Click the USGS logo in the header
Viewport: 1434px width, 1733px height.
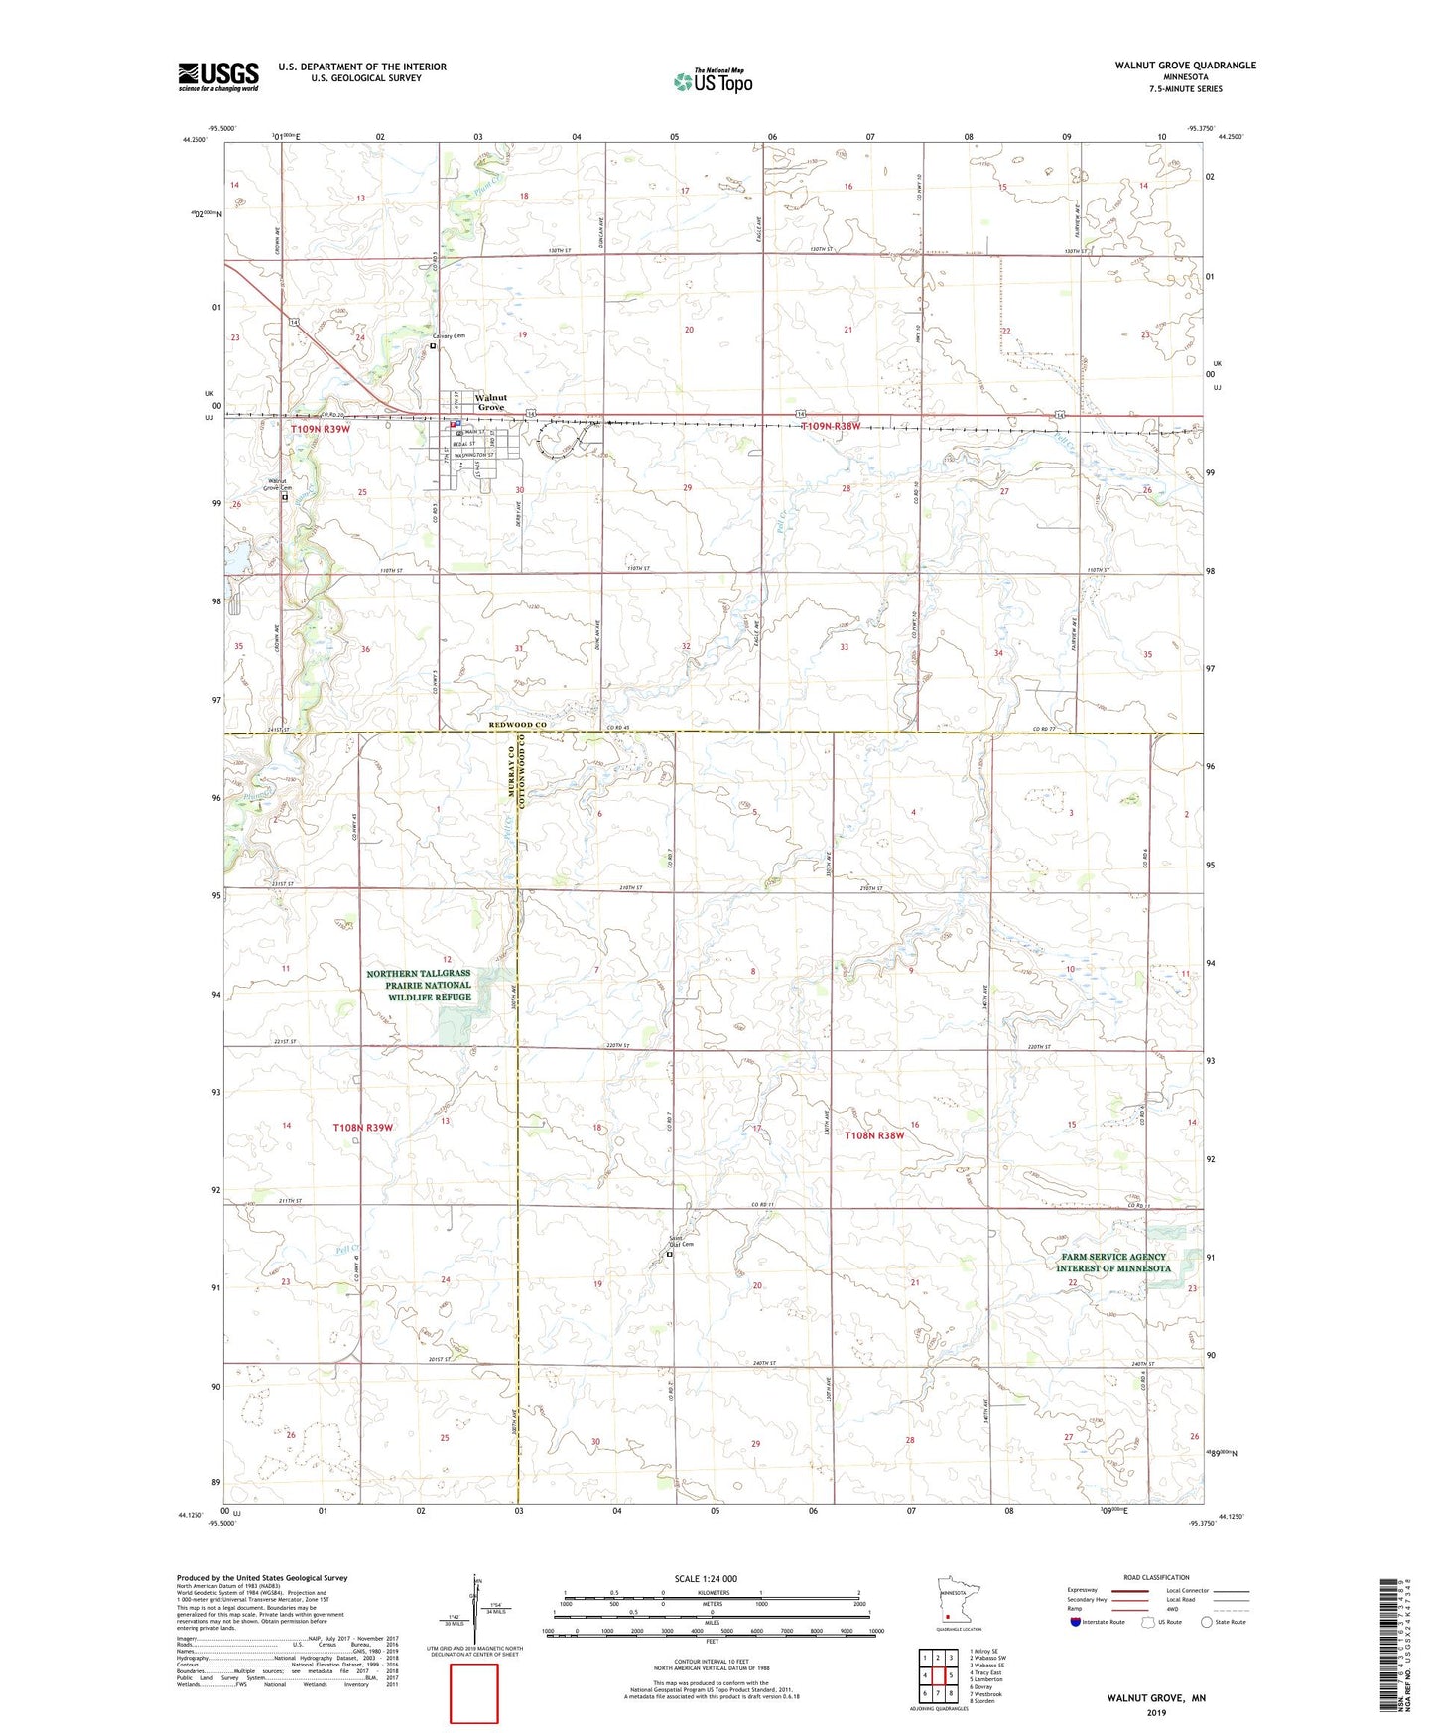point(217,76)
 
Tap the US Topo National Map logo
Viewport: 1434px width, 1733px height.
point(712,80)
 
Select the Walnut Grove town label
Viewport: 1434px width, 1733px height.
point(490,402)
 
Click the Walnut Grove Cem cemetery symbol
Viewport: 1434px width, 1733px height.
point(285,498)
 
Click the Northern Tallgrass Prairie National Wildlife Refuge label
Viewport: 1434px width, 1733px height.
point(419,985)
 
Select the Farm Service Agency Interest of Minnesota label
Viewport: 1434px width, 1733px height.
point(1112,1263)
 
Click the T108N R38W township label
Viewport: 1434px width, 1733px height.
point(873,1135)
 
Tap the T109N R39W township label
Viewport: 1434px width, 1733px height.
point(321,429)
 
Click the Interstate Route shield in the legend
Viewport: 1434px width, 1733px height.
point(1076,1622)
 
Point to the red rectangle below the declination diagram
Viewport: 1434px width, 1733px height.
point(474,1693)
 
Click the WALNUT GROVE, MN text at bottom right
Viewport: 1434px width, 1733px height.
point(1156,1698)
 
